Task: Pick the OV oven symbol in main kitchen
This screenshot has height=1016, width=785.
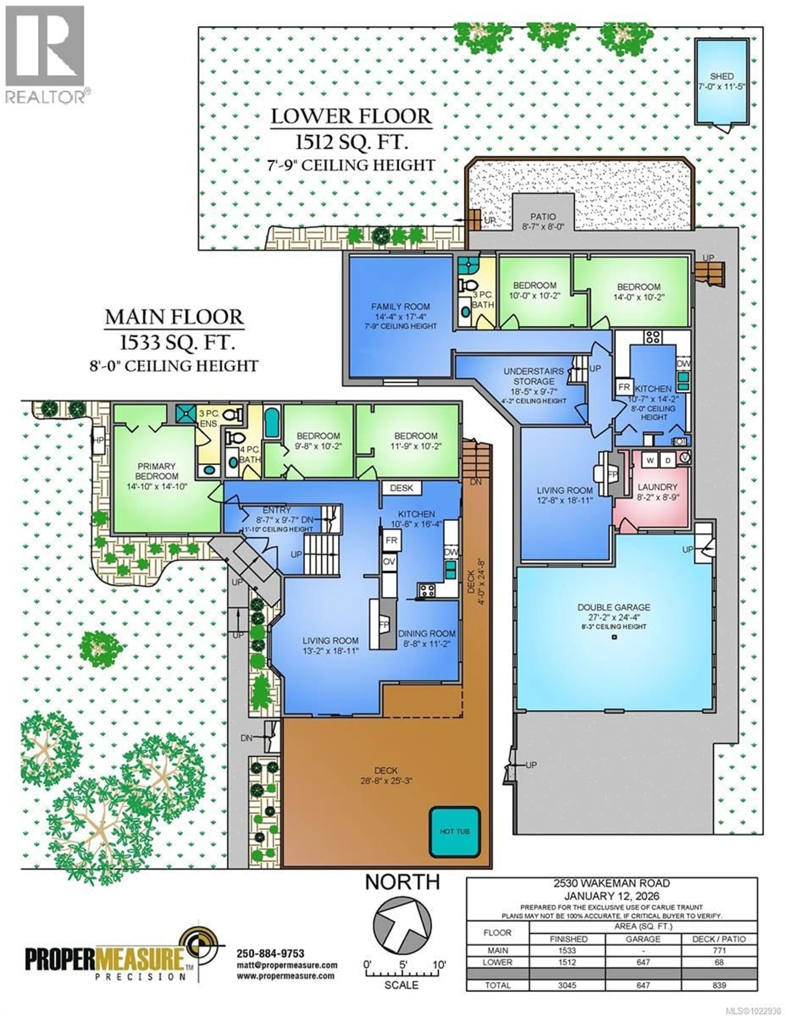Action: [x=389, y=561]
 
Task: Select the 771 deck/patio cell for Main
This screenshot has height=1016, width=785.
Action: [x=719, y=950]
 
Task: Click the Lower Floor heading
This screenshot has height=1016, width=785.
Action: [x=351, y=116]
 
